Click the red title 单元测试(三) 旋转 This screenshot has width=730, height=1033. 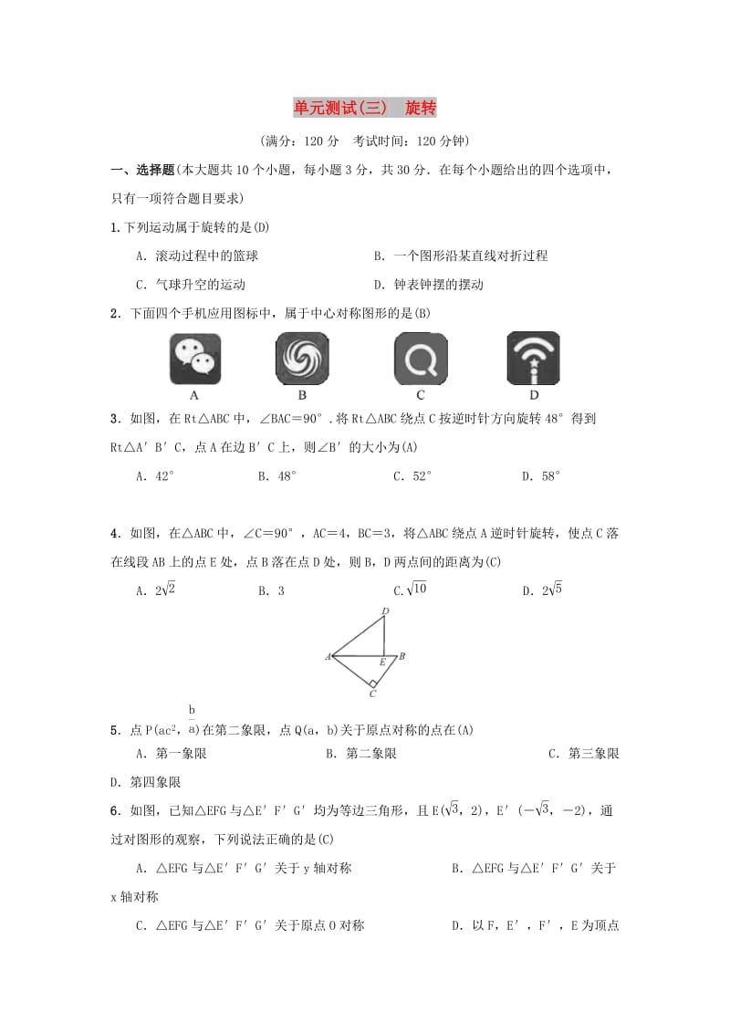click(x=365, y=108)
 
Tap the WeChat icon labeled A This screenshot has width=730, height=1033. click(x=194, y=359)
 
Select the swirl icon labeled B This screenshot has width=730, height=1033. click(x=302, y=359)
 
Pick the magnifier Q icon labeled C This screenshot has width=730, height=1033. click(x=421, y=359)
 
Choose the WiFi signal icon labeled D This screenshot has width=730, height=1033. click(x=533, y=359)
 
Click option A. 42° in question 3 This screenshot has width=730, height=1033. click(x=154, y=475)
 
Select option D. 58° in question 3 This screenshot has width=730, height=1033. click(x=541, y=475)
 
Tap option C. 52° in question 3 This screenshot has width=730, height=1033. click(x=412, y=475)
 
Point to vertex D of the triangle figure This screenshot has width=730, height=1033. click(x=385, y=611)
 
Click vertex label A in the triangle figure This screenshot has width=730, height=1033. click(x=327, y=656)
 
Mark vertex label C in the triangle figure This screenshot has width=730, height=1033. click(x=373, y=694)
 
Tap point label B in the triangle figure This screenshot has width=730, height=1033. click(x=401, y=655)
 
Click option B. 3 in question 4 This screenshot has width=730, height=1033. click(x=271, y=590)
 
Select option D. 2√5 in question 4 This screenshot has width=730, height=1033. click(x=542, y=590)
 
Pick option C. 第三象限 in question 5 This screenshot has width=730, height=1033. click(x=583, y=753)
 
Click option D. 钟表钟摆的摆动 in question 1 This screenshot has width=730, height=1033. click(x=428, y=284)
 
